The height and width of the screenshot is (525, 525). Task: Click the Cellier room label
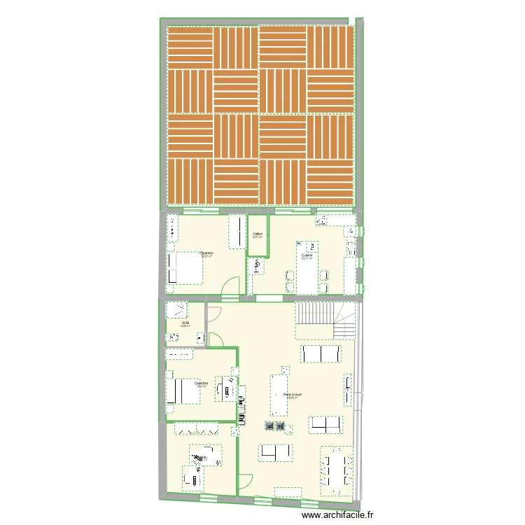[x=257, y=234]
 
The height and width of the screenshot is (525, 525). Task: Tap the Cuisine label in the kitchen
[x=307, y=256]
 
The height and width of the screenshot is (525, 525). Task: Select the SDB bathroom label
[x=185, y=323]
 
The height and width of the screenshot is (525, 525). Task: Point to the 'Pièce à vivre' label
[x=293, y=395]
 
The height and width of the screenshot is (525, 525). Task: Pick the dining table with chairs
[x=337, y=470]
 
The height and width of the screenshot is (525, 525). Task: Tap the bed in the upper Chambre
[x=184, y=267]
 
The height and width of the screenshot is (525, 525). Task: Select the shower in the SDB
[x=176, y=309]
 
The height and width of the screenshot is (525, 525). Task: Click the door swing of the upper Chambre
[x=232, y=286]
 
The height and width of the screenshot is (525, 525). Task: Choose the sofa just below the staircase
[x=321, y=354]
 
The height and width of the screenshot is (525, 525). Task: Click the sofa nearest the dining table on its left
[x=276, y=453]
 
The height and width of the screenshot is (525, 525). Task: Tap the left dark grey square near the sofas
[x=267, y=426]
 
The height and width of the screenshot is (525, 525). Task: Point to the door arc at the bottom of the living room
[x=244, y=482]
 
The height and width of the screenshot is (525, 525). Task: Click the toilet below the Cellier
[x=257, y=267]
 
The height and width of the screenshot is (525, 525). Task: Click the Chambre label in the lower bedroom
[x=202, y=383]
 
